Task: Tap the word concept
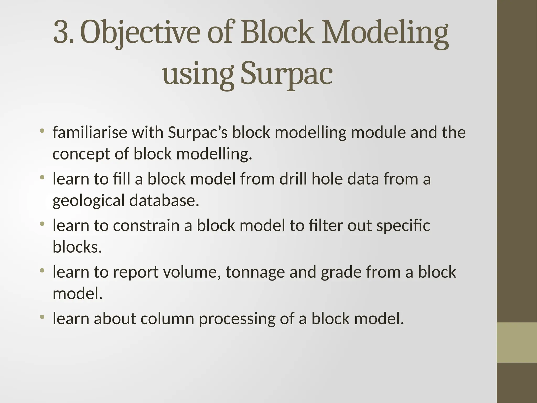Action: (x=81, y=154)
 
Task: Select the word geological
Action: (x=88, y=201)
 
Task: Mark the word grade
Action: (x=341, y=272)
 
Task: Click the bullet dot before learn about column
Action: (x=42, y=317)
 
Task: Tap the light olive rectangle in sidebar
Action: (x=517, y=342)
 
